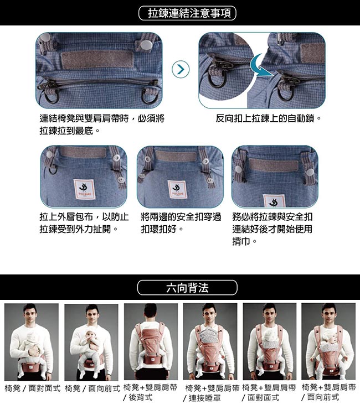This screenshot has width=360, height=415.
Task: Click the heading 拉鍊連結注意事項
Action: tap(187, 13)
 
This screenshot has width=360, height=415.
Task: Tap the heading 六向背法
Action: tap(187, 288)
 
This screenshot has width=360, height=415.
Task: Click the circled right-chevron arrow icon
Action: tap(181, 69)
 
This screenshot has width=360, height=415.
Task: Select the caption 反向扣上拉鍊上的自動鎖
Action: tap(268, 118)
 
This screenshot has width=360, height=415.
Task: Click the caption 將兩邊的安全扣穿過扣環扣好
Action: tap(181, 223)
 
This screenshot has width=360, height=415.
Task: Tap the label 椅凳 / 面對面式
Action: tap(33, 388)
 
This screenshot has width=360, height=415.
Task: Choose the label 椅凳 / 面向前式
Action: tap(92, 388)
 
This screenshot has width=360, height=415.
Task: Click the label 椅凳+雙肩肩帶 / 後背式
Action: tap(150, 392)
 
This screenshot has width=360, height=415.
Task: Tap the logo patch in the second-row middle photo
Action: tap(176, 189)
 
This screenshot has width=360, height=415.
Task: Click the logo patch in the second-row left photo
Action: tap(84, 189)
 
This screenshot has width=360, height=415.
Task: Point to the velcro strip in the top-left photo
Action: tap(97, 59)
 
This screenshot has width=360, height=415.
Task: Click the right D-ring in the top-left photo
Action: tap(148, 96)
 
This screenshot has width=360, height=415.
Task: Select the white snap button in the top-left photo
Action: tap(145, 45)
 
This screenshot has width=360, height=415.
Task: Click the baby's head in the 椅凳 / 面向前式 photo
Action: tap(91, 335)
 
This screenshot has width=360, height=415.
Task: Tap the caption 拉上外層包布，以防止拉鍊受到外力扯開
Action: tap(84, 223)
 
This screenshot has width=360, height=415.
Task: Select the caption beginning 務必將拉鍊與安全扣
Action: tap(272, 229)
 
